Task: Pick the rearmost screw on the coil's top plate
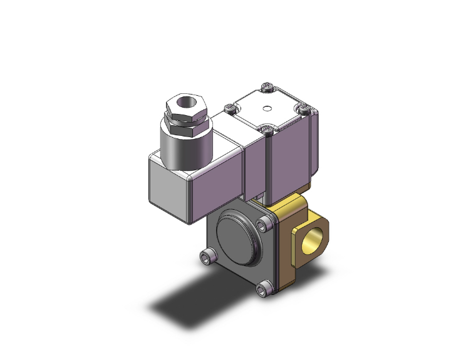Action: [x=268, y=86]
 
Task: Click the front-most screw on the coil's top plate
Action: [x=268, y=130]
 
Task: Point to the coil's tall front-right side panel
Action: [x=288, y=160]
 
